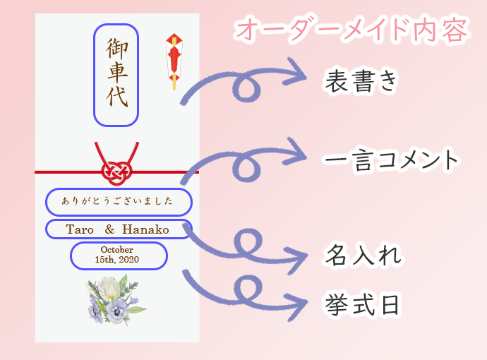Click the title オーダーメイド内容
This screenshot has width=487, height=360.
tap(352, 30)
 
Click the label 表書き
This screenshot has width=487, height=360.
tap(361, 81)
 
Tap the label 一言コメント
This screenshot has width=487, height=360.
tap(391, 160)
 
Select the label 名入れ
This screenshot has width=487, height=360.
tap(363, 255)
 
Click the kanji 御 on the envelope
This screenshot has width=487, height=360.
tap(116, 49)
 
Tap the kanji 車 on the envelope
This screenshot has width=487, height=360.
tap(117, 72)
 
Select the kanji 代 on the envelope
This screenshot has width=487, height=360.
tap(117, 97)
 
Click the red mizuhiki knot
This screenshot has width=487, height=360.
tap(116, 172)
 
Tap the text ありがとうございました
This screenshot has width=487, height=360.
tap(117, 201)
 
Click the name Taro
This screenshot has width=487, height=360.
tap(80, 229)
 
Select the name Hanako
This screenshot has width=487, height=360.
tap(145, 229)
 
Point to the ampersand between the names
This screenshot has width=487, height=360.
tap(109, 229)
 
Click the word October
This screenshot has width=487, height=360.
tap(116, 250)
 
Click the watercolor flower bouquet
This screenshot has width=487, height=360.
tap(116, 300)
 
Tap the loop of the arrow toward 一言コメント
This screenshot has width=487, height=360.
tap(246, 168)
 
